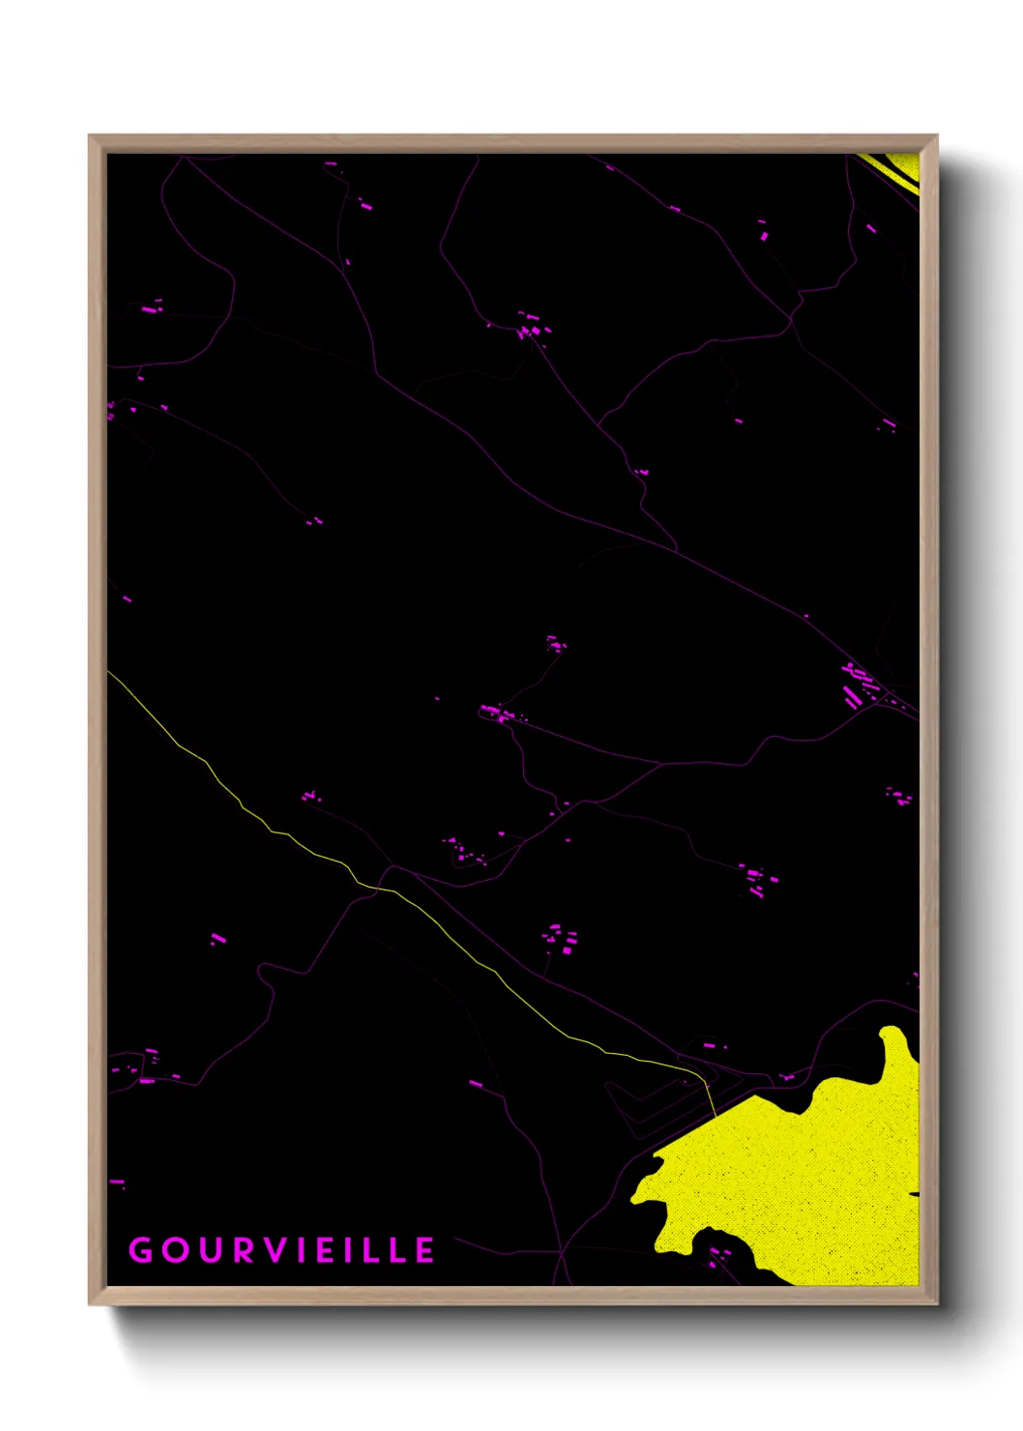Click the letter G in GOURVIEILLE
click(141, 1250)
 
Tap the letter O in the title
click(176, 1250)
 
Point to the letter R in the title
click(243, 1250)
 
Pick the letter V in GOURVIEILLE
click(275, 1250)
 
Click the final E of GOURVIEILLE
click(425, 1250)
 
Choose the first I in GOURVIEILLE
click(300, 1250)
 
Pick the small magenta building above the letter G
click(117, 1182)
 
